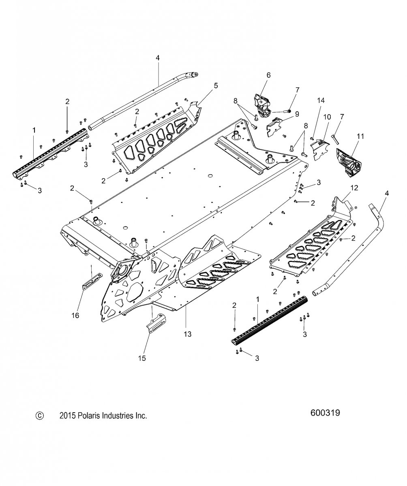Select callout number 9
[297, 114]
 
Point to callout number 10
[327, 117]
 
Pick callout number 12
[354, 188]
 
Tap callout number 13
[187, 334]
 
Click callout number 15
[142, 358]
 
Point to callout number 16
[75, 315]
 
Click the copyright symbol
[39, 416]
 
